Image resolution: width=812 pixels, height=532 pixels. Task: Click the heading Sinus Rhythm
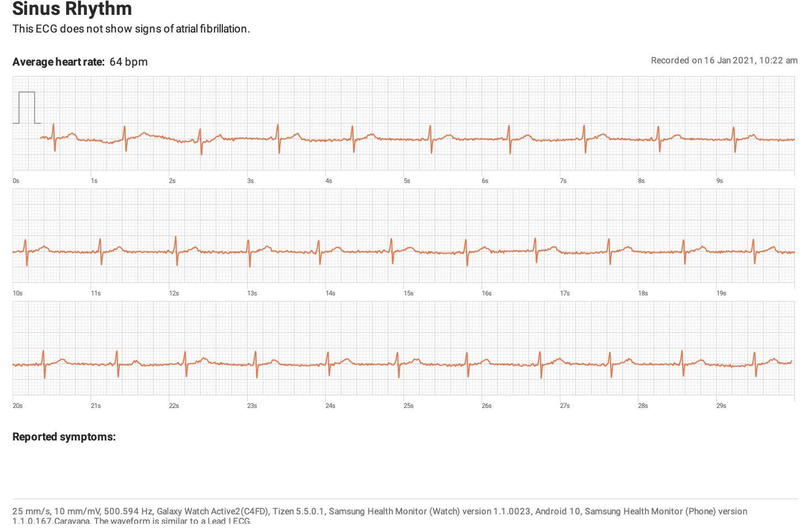click(72, 9)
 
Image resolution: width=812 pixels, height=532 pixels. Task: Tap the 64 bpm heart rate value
click(129, 62)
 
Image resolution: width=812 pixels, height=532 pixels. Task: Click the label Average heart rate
click(58, 62)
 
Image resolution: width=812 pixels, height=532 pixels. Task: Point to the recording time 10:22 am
click(778, 61)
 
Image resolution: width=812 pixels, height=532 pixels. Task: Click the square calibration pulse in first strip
click(26, 107)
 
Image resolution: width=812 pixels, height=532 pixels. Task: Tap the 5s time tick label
click(407, 181)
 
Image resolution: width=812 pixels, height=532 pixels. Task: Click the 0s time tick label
click(16, 181)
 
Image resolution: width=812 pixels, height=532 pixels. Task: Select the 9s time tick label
click(719, 181)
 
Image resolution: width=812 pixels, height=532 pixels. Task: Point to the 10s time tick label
click(18, 293)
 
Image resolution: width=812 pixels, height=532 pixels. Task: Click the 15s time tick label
click(408, 293)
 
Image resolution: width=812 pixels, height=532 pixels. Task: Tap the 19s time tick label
click(721, 293)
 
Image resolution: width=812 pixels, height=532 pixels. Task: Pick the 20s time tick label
click(18, 406)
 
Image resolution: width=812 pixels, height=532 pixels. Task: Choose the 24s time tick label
click(330, 406)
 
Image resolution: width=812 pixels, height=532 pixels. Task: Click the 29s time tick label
click(721, 406)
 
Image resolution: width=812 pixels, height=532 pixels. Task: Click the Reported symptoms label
click(64, 437)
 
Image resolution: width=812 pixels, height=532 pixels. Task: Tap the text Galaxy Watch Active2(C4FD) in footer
click(213, 511)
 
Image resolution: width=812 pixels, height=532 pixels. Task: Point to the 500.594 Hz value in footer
click(129, 511)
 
